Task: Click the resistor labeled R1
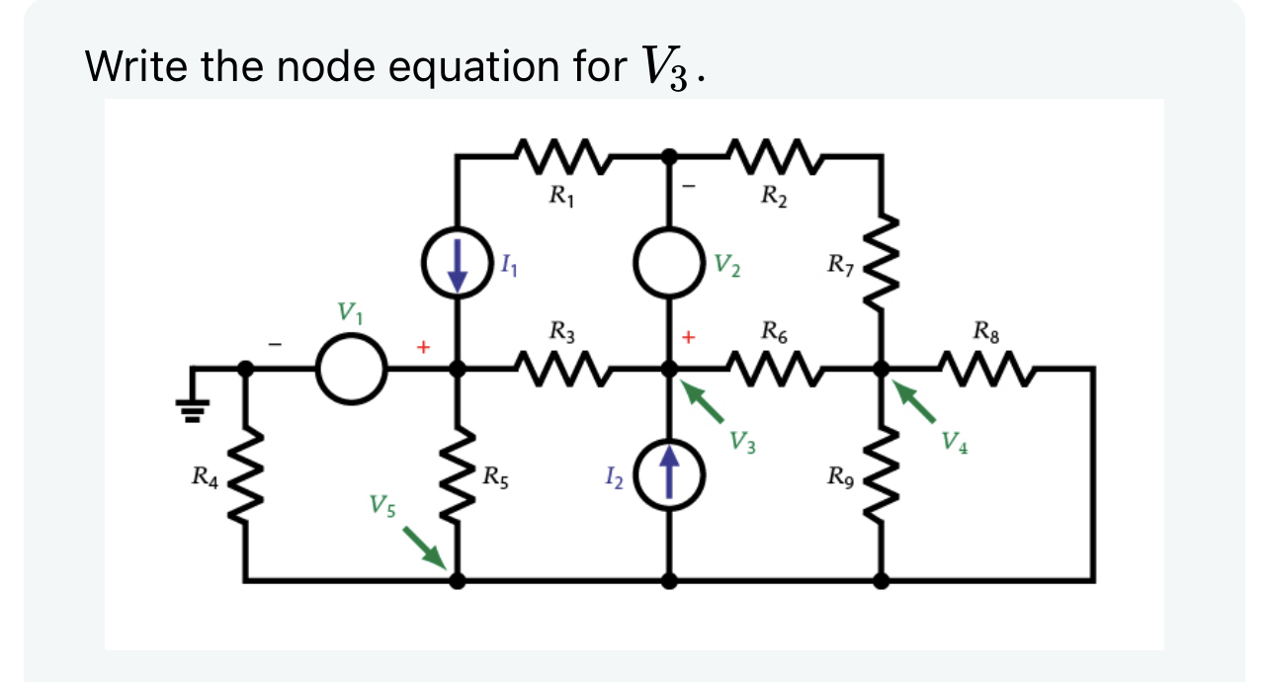click(561, 156)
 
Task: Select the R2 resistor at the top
click(774, 156)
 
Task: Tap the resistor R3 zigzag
click(561, 369)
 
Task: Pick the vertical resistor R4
click(245, 475)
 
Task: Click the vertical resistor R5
click(458, 475)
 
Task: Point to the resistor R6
click(774, 369)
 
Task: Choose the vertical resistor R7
click(882, 262)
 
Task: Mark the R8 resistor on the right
click(986, 369)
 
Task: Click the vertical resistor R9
click(882, 475)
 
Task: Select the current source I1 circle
click(458, 263)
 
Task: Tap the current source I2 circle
click(670, 475)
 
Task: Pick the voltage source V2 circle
click(670, 263)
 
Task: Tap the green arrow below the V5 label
click(423, 547)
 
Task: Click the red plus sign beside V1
click(423, 347)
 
